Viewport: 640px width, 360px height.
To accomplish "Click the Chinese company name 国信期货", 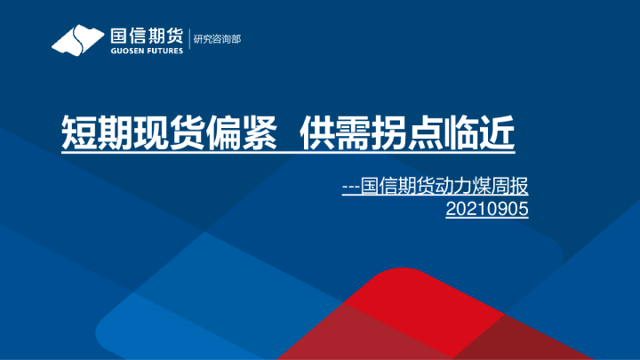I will point(146,36).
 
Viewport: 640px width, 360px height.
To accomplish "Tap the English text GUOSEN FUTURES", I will point(146,51).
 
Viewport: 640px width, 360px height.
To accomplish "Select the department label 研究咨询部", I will point(218,39).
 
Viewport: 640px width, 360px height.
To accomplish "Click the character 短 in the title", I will point(77,133).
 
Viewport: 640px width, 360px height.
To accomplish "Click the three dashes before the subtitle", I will point(350,188).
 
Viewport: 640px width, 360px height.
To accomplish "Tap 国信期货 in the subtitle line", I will point(395,187).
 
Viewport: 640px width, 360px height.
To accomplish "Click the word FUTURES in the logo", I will point(164,51).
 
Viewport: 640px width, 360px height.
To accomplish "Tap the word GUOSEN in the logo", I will point(125,51).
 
